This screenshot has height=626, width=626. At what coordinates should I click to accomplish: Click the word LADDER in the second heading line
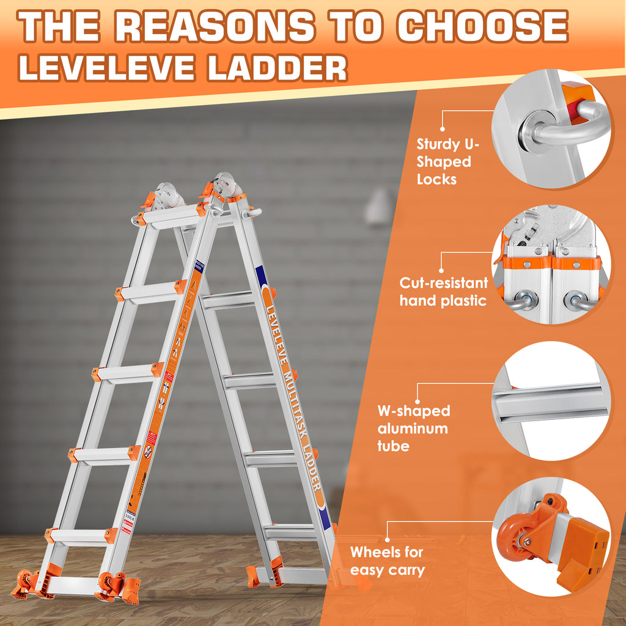276,68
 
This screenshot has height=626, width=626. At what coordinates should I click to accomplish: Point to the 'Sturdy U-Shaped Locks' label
444,161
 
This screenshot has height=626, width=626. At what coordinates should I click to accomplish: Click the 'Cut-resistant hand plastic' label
444,292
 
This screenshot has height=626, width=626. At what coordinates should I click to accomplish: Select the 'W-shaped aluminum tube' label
413,428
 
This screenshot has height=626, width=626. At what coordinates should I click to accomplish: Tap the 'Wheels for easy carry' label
387,561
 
